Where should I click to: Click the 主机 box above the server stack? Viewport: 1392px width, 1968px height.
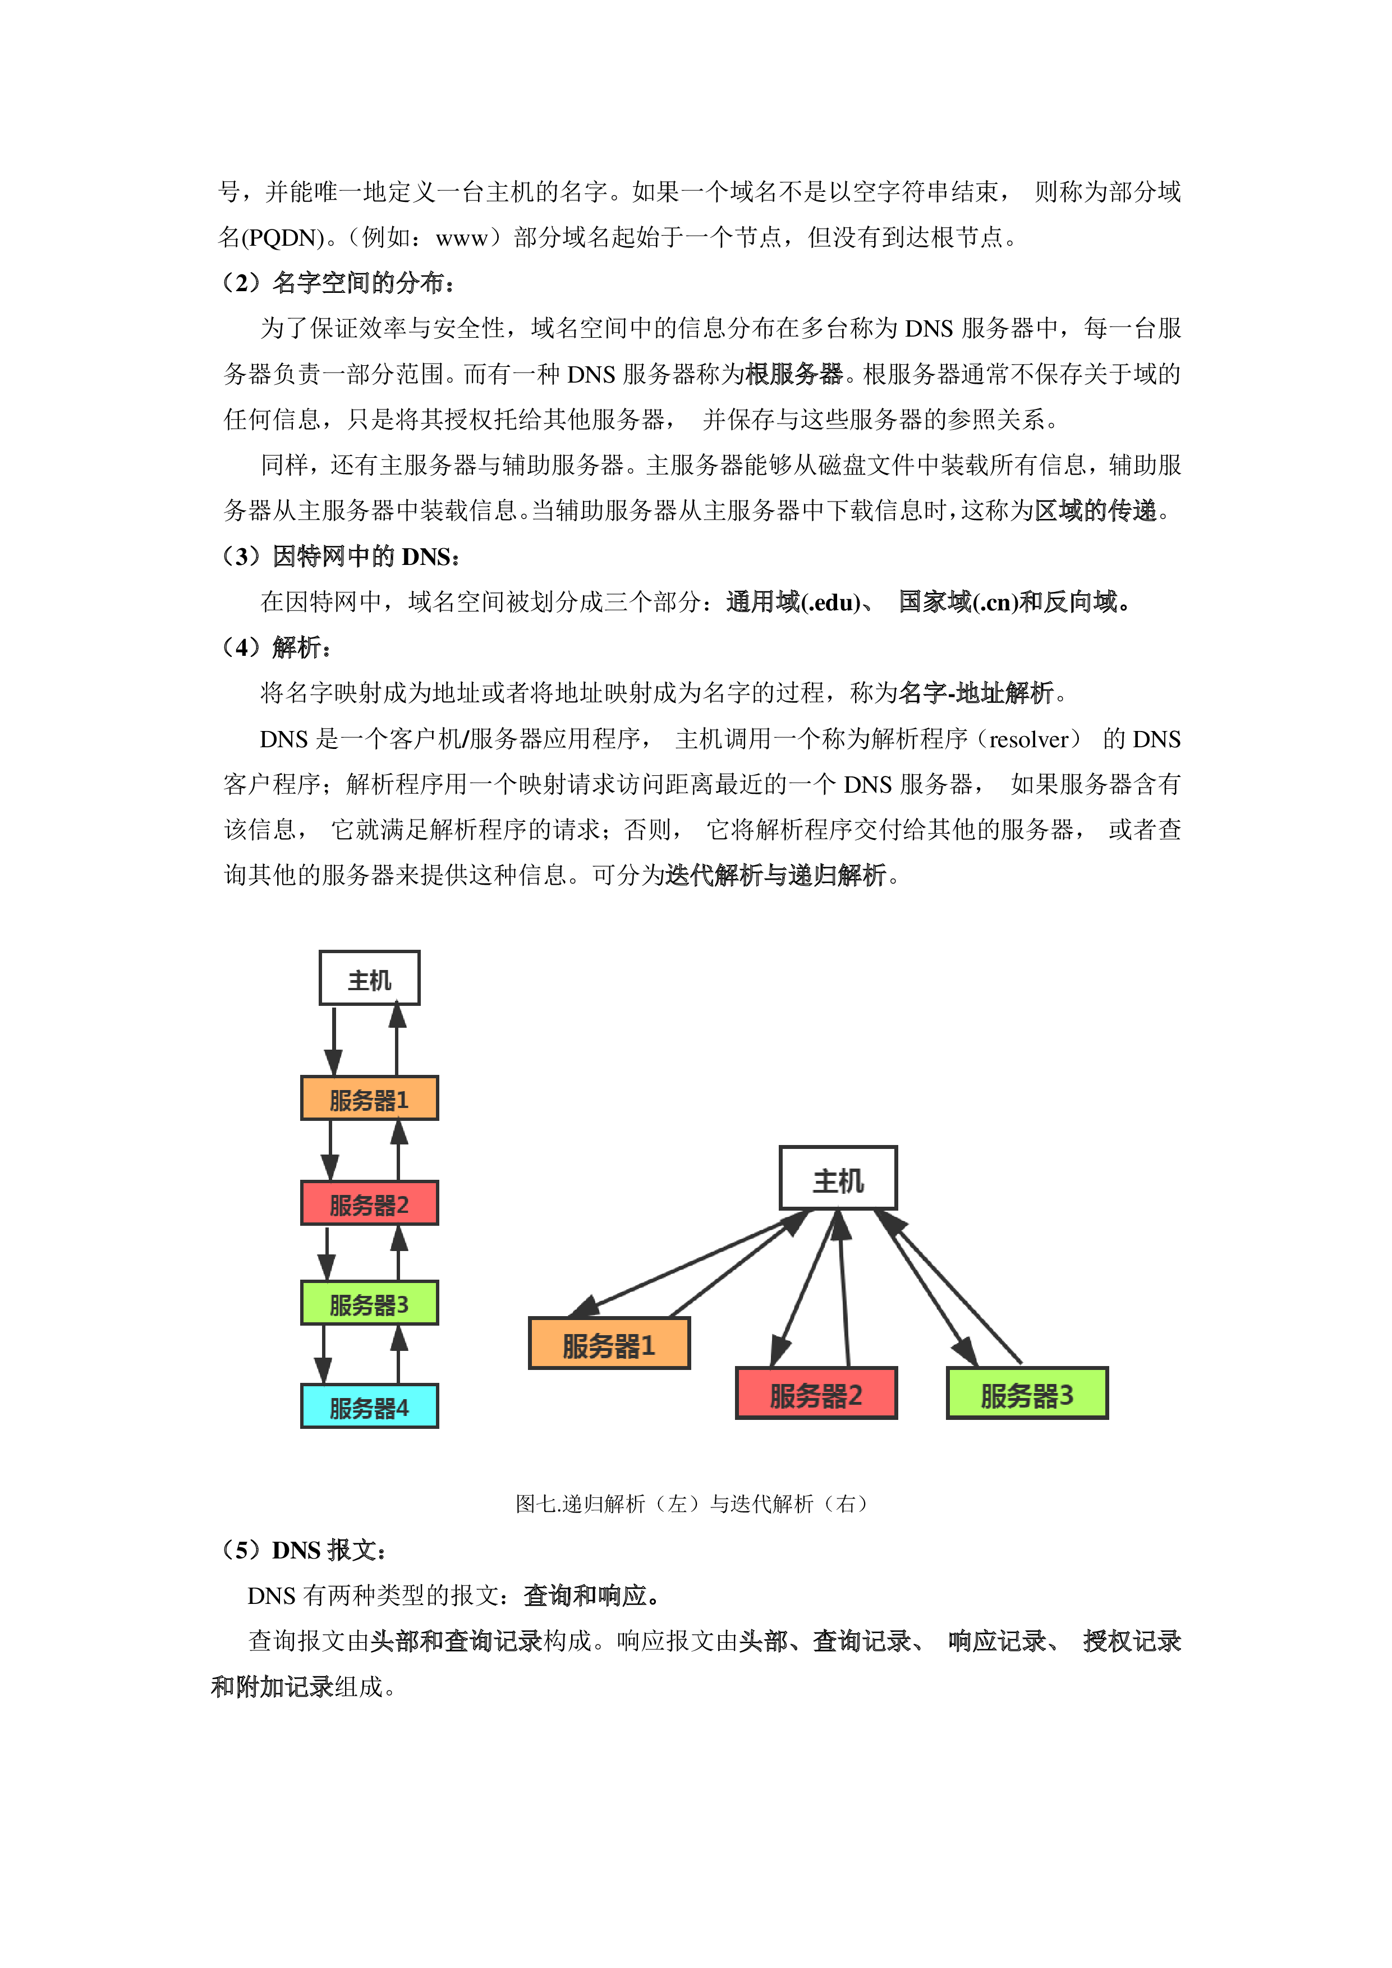click(x=369, y=978)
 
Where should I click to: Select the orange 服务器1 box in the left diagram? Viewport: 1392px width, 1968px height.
click(x=369, y=1098)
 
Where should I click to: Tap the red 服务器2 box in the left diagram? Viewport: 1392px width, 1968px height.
click(x=369, y=1203)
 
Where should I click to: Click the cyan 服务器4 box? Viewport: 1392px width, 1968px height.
click(x=369, y=1406)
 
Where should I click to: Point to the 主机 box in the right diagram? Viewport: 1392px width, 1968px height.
click(x=838, y=1179)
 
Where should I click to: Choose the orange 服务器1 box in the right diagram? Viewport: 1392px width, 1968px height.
click(x=609, y=1343)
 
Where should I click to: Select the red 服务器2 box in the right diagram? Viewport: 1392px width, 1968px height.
click(x=816, y=1393)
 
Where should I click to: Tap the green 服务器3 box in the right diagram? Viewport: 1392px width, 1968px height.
click(x=1027, y=1393)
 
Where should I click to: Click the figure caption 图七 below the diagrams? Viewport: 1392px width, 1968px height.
click(x=694, y=1504)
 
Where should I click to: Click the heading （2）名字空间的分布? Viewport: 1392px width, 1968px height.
click(x=338, y=283)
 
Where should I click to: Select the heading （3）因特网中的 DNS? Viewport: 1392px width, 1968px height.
click(x=341, y=557)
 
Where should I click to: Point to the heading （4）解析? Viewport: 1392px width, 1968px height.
click(x=276, y=647)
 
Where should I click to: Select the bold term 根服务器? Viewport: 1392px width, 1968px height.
click(x=794, y=374)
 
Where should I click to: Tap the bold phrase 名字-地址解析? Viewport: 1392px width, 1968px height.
click(x=976, y=693)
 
